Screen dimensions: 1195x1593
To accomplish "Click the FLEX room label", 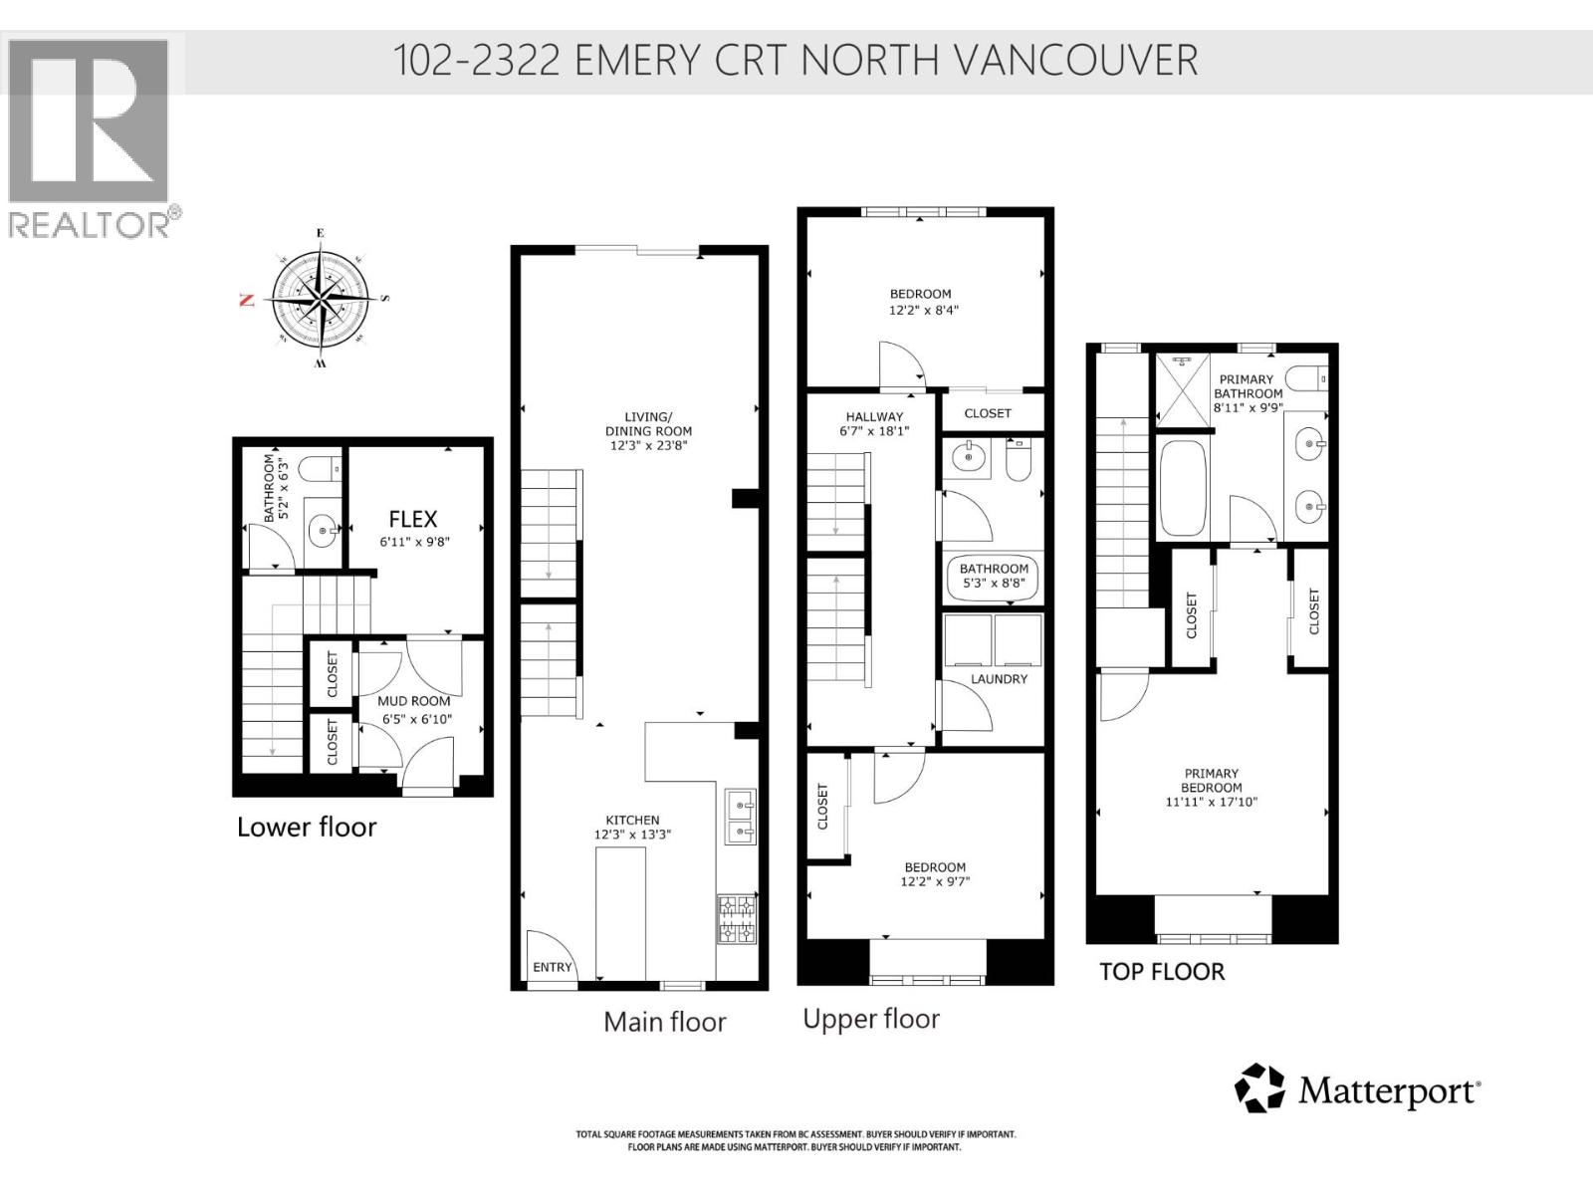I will pyautogui.click(x=412, y=519).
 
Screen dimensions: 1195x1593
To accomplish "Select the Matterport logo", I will pyautogui.click(x=1358, y=1089).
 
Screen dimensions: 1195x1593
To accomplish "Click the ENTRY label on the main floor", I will pyautogui.click(x=553, y=967).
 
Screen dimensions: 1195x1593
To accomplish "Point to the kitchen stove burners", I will pyautogui.click(x=737, y=920).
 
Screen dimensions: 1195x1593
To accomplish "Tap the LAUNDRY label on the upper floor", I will pyautogui.click(x=999, y=679).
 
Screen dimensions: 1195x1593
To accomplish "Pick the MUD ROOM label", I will pyautogui.click(x=413, y=701).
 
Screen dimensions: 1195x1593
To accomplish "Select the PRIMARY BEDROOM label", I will pyautogui.click(x=1212, y=780).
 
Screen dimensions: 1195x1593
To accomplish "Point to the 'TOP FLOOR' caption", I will pyautogui.click(x=1161, y=972).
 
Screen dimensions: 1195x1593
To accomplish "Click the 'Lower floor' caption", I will pyautogui.click(x=307, y=828).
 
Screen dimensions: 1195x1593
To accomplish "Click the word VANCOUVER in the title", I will pyautogui.click(x=1075, y=61).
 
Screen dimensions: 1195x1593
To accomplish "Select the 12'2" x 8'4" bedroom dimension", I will pyautogui.click(x=923, y=311).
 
